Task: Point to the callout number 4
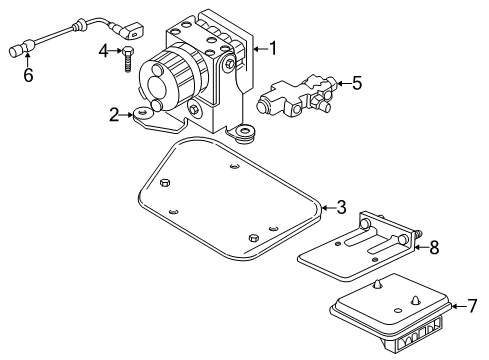104,50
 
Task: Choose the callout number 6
27,74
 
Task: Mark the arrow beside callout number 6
27,60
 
